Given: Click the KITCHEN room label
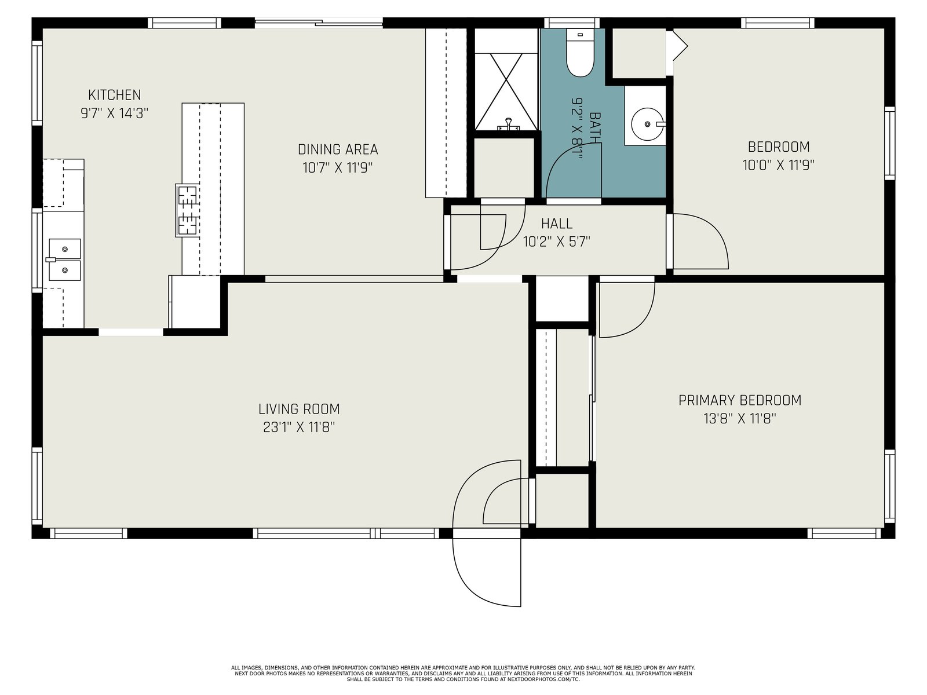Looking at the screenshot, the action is pos(115,95).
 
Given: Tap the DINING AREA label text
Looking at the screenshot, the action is pos(338,149).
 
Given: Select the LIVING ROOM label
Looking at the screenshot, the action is pos(299,409).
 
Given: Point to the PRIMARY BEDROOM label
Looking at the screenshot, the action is pos(740,400).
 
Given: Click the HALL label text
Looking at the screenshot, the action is pos(557,223).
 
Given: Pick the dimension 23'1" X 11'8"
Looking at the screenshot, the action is pos(299,427).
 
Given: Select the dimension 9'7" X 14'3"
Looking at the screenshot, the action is pos(115,113).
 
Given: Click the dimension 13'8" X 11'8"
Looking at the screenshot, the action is pos(740,419).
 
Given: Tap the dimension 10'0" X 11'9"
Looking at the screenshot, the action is pos(778,165).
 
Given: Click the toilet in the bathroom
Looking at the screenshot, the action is pos(580,52).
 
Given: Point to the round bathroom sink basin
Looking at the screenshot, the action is pos(647,124).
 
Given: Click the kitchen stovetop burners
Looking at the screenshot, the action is pos(188,210).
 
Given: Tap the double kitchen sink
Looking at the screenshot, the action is pos(65,259).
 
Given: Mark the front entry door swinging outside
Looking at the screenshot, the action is pos(487,573).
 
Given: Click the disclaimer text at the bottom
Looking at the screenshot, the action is pos(463,674).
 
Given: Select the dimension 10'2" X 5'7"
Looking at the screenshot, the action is pos(557,242).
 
